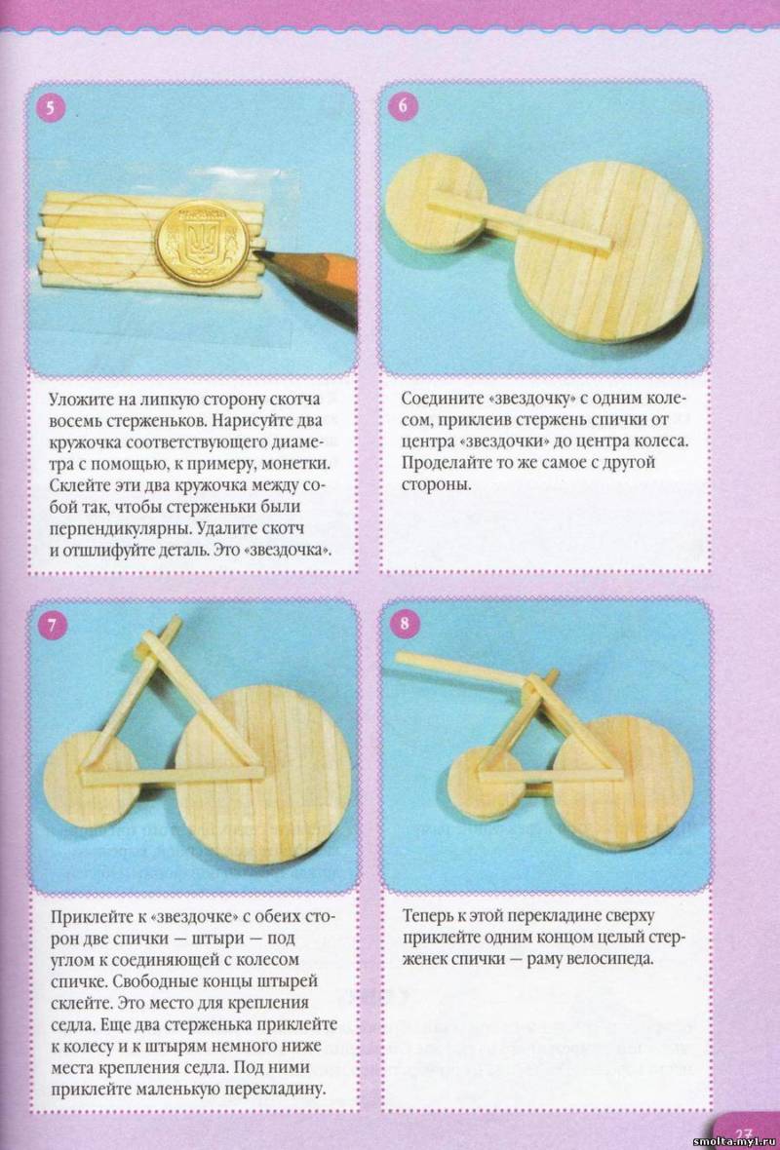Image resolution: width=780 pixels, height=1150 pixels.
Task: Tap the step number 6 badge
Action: tap(403, 107)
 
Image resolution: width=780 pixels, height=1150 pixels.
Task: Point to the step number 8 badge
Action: tap(404, 624)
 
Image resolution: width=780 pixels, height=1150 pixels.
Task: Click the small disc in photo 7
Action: tap(91, 778)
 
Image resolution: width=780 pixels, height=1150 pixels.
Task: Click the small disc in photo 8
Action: tap(485, 782)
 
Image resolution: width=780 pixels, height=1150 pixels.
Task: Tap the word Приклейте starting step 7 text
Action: tap(87, 918)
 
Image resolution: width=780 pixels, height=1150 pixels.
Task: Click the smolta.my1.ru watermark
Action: tap(733, 1142)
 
